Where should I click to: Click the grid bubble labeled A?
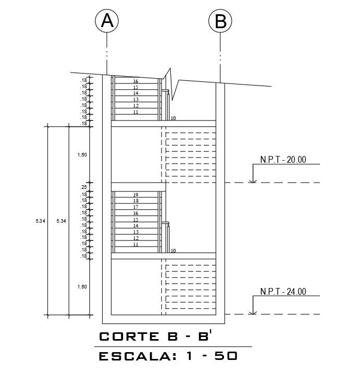point(107,21)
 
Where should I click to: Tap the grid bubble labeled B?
point(220,21)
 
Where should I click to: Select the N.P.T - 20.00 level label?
point(283,160)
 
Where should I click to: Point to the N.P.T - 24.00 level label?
point(283,292)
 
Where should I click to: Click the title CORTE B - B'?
point(155,336)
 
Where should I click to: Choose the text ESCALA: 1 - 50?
point(168,357)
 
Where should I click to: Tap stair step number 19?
point(135,195)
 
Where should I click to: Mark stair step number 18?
point(135,201)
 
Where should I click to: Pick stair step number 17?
point(135,207)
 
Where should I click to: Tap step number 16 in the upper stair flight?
point(135,81)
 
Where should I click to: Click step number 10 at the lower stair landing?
point(173,251)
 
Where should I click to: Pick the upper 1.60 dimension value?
point(82,155)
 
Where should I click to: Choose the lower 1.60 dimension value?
point(82,287)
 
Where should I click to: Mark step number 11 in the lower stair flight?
point(135,245)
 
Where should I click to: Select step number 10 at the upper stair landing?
point(173,118)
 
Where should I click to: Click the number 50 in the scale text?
point(226,357)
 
